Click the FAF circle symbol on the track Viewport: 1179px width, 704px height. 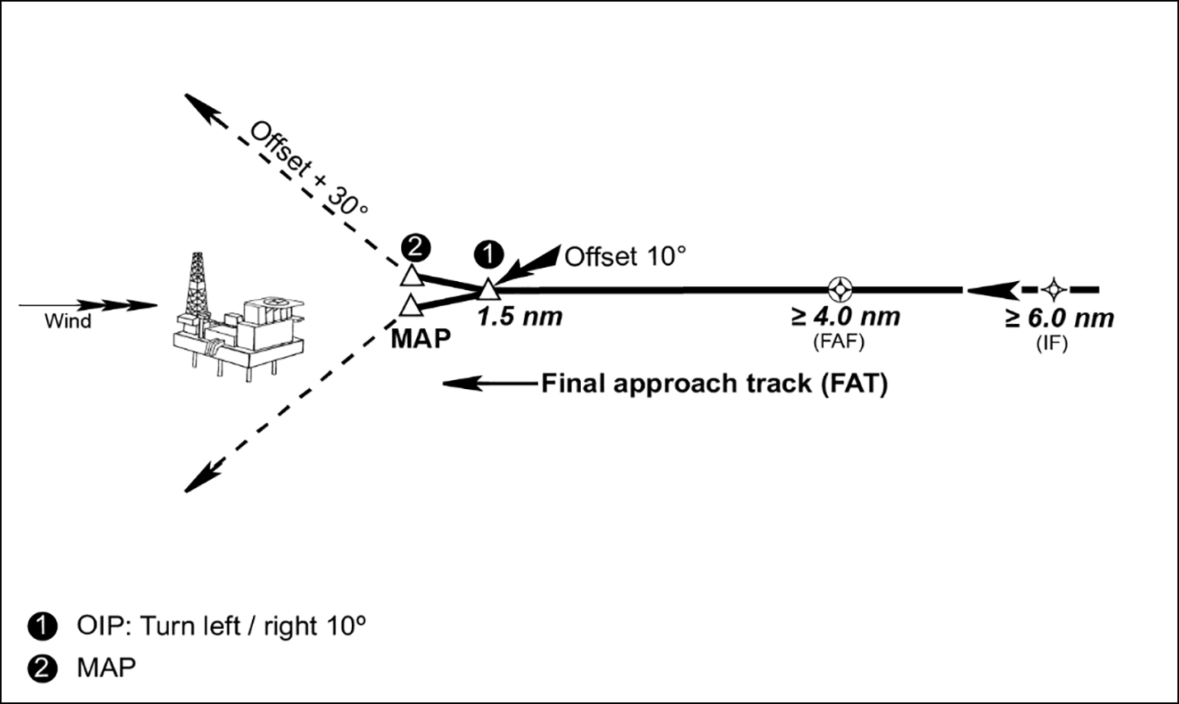point(840,289)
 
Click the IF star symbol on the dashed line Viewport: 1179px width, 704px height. point(1053,289)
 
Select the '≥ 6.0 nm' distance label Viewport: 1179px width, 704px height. point(1060,318)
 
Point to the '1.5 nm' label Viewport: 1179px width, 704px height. point(520,317)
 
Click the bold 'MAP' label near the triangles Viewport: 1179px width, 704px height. point(421,338)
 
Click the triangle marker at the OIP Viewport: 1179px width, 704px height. point(489,289)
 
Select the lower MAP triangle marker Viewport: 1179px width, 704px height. point(410,307)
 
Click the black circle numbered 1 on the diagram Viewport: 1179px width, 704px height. point(490,254)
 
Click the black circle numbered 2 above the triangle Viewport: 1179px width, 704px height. point(414,246)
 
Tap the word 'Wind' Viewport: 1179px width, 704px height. point(68,321)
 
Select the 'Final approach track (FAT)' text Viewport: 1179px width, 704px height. point(713,384)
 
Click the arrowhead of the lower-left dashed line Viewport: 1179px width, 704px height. point(194,481)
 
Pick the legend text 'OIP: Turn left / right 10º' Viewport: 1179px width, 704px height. point(221,626)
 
